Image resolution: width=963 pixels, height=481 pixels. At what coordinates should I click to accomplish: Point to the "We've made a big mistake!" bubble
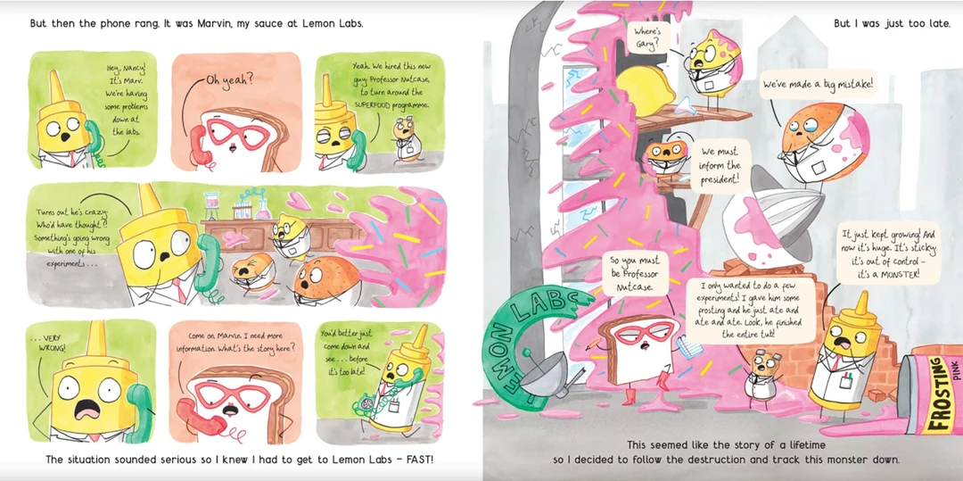point(818,84)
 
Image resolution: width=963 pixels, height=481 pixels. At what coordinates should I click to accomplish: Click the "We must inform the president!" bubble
point(720,166)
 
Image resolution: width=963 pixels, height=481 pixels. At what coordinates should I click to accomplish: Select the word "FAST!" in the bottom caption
point(416,459)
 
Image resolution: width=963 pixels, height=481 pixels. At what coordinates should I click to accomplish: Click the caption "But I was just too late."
point(892,24)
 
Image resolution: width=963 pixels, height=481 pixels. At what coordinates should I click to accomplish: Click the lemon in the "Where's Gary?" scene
point(645,91)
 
